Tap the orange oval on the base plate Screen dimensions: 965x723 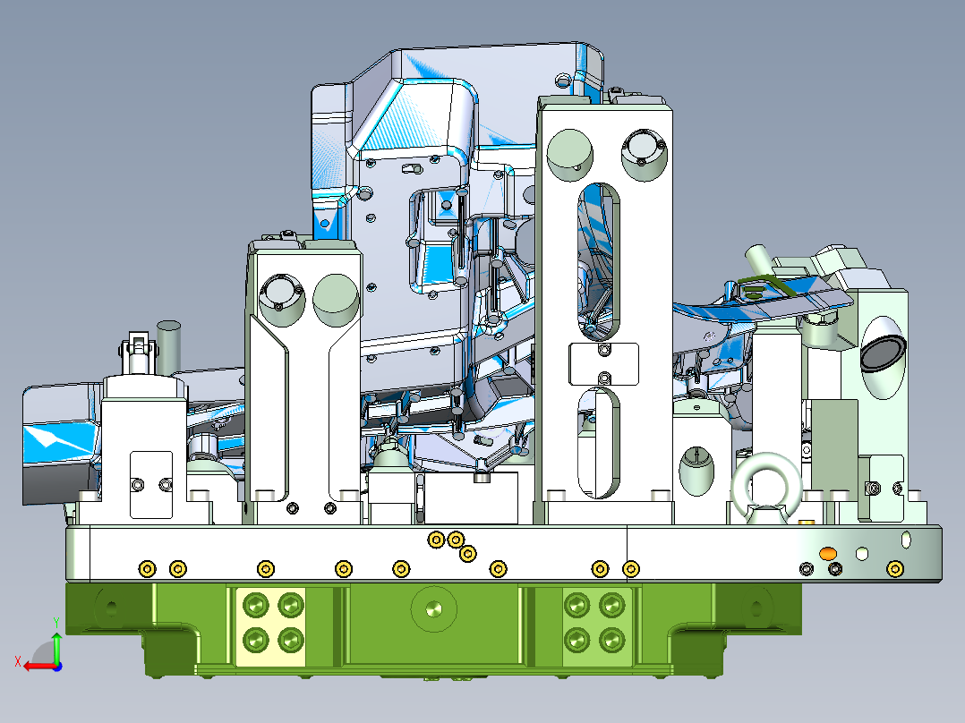[x=828, y=553]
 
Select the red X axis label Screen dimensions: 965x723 [x=18, y=661]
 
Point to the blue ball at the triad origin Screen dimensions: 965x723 [x=57, y=667]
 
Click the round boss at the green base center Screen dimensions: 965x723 [x=434, y=609]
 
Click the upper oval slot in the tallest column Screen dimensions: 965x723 [x=598, y=261]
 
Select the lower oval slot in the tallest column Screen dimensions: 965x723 [x=598, y=443]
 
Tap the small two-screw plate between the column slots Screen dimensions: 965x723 [x=603, y=363]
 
